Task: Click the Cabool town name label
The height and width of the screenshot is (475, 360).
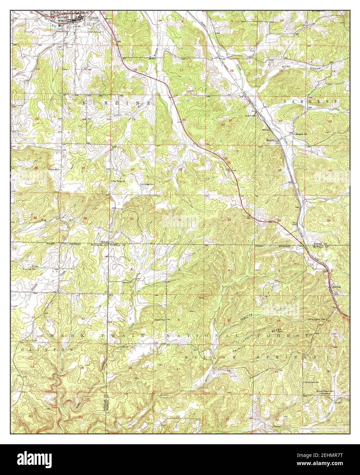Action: [x=94, y=17]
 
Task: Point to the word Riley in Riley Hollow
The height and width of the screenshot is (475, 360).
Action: [x=286, y=67]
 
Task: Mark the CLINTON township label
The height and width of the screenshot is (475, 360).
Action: [x=47, y=350]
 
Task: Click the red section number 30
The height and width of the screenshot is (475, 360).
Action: [x=132, y=169]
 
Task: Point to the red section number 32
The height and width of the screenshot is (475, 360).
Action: [x=179, y=219]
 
